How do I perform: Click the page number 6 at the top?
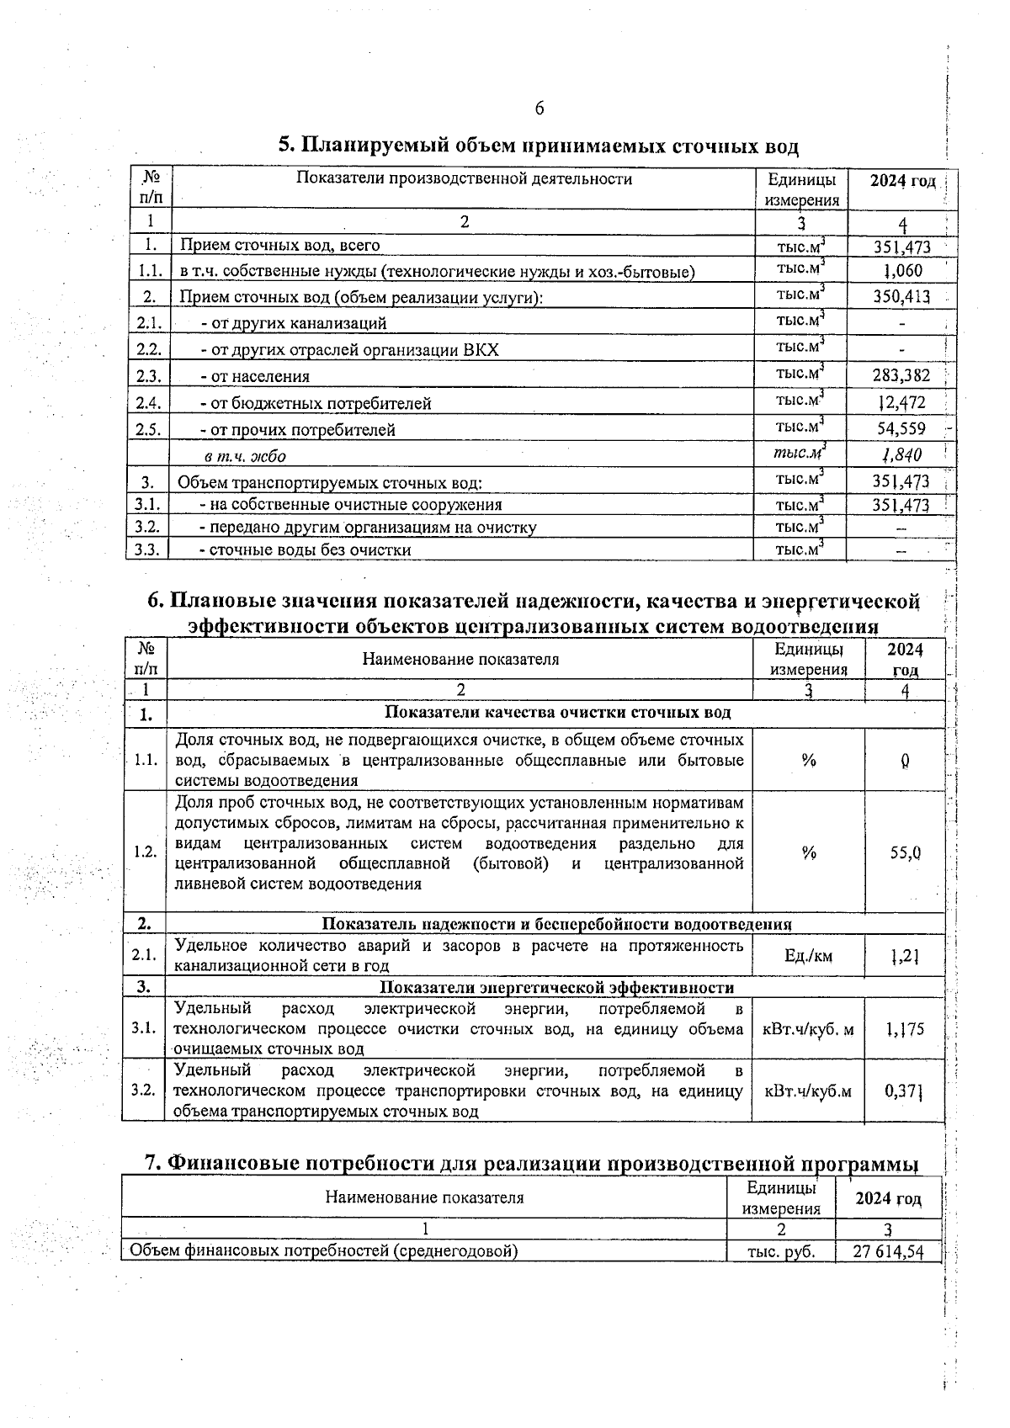click(539, 109)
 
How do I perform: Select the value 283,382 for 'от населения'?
click(901, 375)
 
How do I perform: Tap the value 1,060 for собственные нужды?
click(902, 270)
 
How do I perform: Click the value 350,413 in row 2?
click(901, 296)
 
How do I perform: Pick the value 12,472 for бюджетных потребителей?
click(901, 402)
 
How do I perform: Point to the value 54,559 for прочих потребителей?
click(901, 428)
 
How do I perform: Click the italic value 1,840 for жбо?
click(901, 454)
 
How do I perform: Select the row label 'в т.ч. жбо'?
click(244, 456)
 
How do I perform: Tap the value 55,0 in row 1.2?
click(905, 852)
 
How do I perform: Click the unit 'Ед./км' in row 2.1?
click(807, 956)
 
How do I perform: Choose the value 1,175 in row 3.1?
click(905, 1028)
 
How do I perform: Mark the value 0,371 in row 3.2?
click(905, 1091)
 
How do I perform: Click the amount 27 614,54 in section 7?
click(888, 1250)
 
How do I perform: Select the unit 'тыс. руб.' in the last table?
click(781, 1251)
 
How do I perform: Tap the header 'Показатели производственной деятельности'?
click(464, 178)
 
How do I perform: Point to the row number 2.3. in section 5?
click(148, 376)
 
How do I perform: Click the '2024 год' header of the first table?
click(902, 181)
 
